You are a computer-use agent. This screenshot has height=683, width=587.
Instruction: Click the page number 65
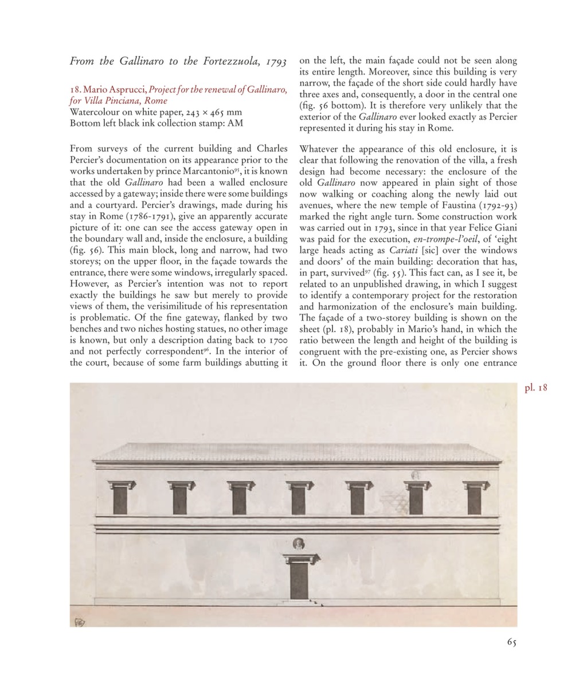pos(512,642)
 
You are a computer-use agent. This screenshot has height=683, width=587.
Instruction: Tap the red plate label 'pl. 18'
pos(536,388)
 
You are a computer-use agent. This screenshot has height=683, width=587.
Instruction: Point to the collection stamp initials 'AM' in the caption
pos(235,123)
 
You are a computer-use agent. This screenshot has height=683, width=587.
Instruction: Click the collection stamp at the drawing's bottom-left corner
pos(79,621)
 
